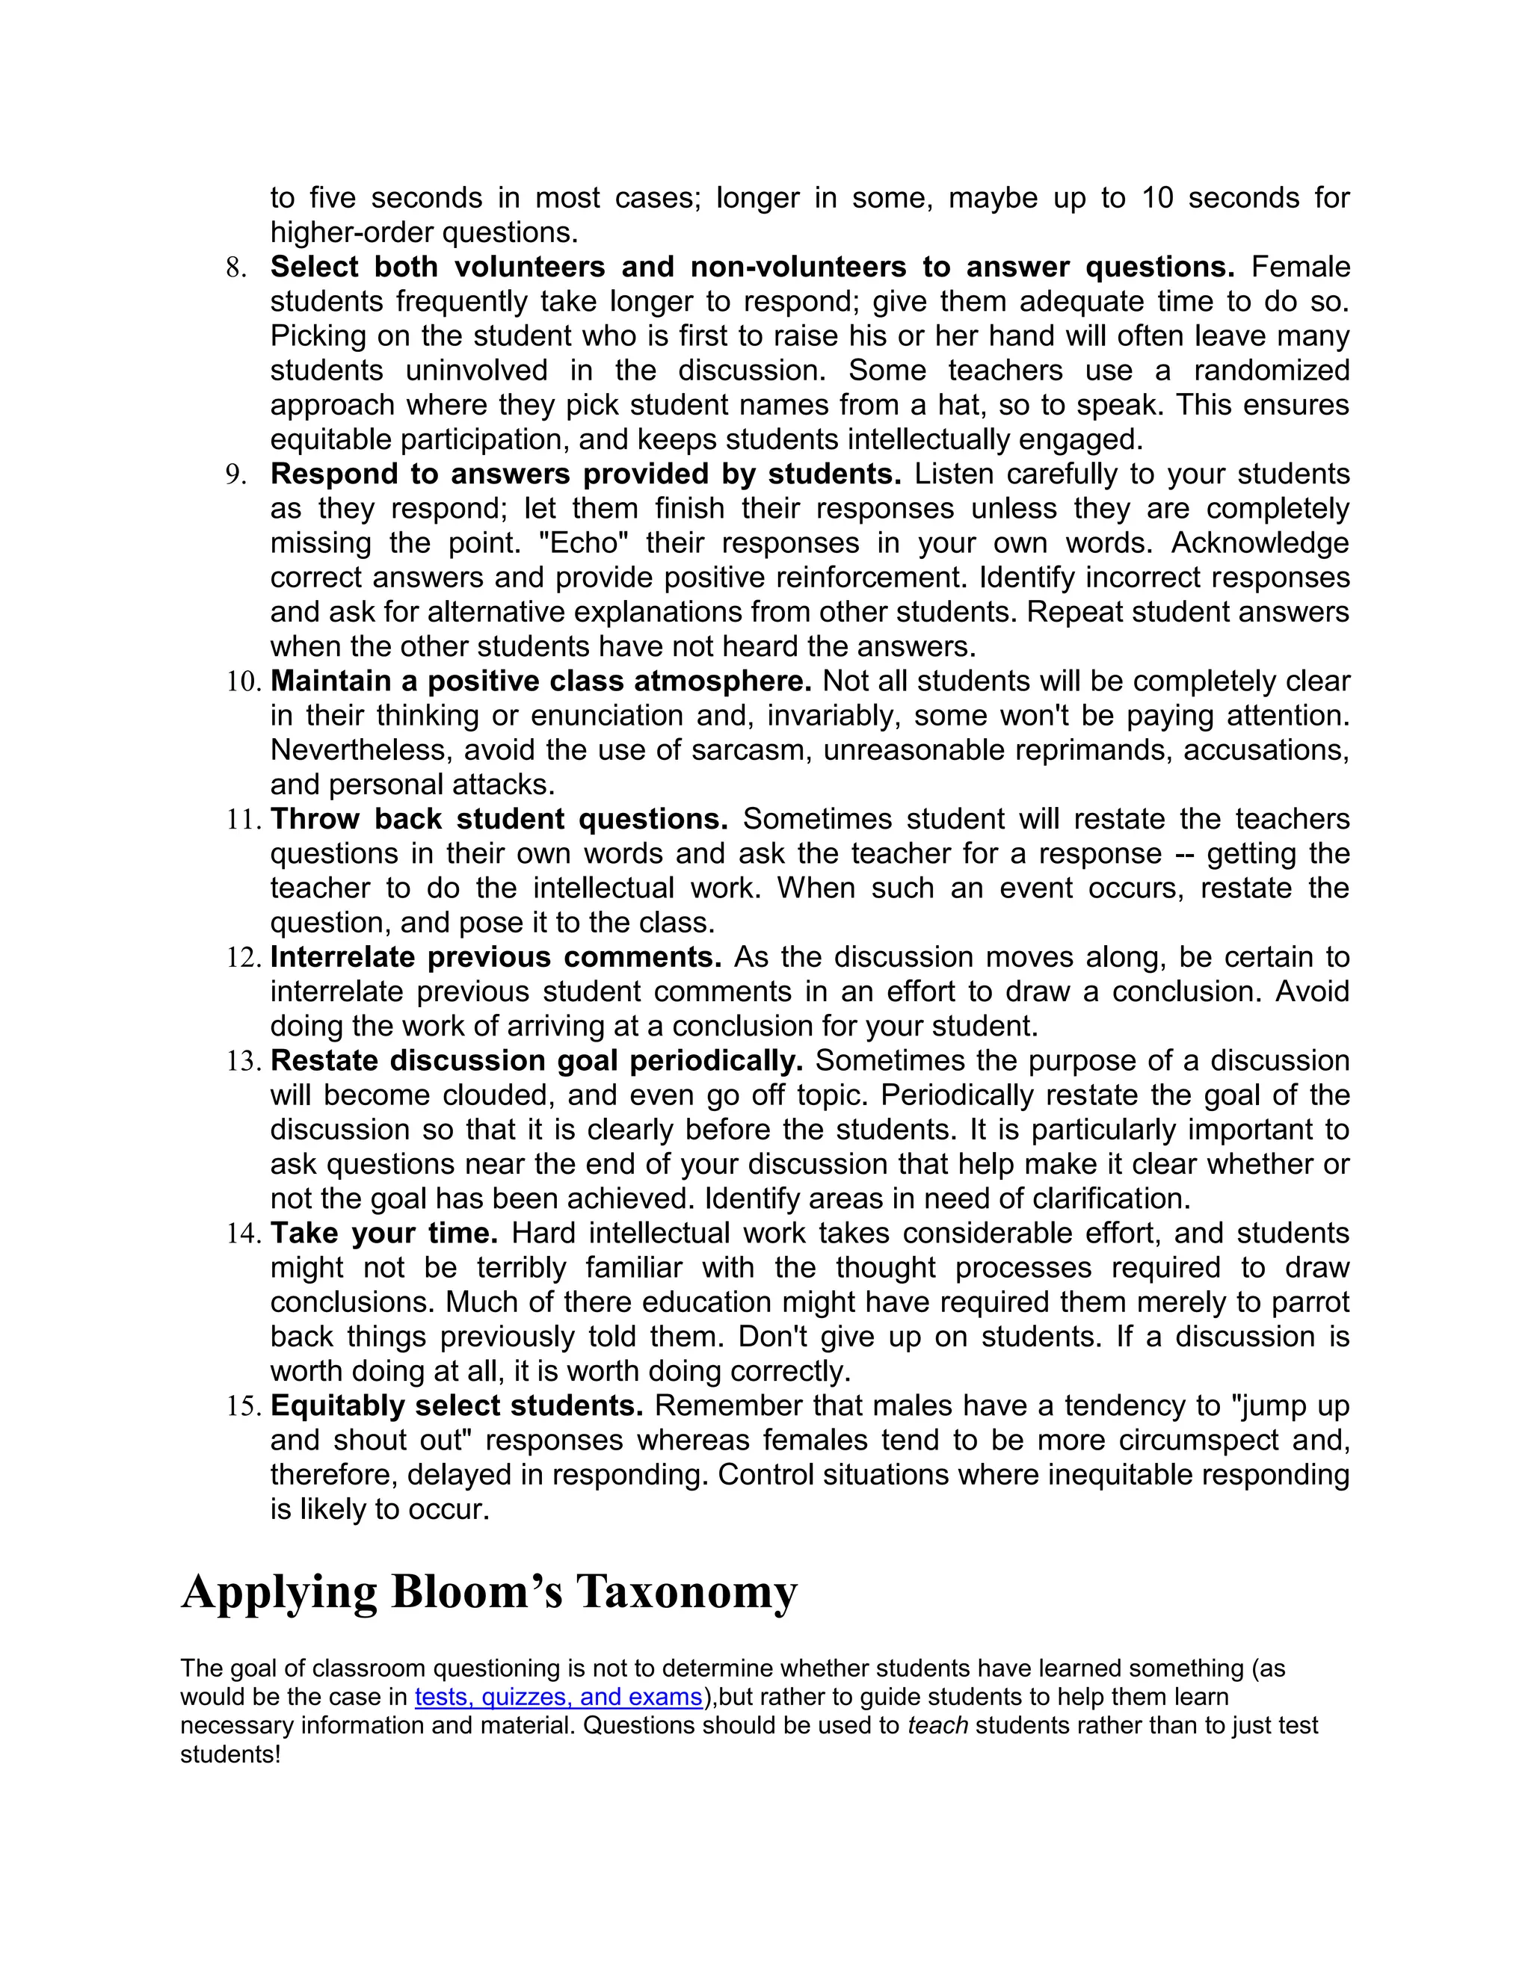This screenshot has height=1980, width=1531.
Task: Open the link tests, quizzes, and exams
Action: pyautogui.click(x=558, y=1697)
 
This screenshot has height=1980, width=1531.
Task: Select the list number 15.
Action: pyautogui.click(x=244, y=1406)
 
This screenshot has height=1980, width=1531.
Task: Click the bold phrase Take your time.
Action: pyautogui.click(x=384, y=1233)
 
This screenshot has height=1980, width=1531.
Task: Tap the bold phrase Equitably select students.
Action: pyautogui.click(x=457, y=1405)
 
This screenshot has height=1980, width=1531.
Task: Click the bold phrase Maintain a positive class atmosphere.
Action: pyautogui.click(x=540, y=681)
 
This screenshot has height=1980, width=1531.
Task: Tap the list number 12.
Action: pyautogui.click(x=244, y=957)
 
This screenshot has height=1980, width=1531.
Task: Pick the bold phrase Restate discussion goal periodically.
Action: pyautogui.click(x=537, y=1061)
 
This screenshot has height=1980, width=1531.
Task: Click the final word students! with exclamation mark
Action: pyautogui.click(x=230, y=1754)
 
